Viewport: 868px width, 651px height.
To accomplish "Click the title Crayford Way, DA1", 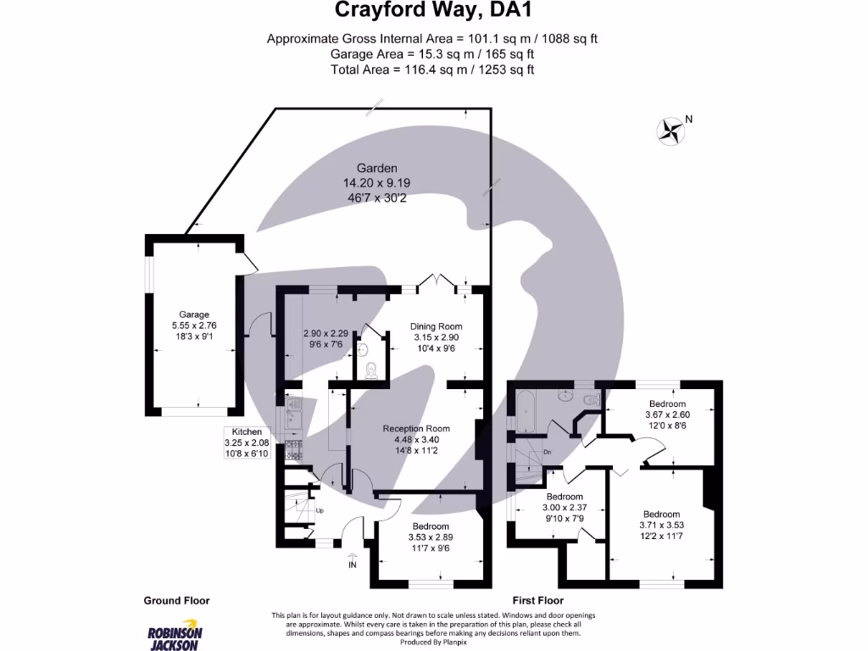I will [x=433, y=11].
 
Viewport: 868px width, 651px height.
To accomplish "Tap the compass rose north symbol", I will [x=671, y=130].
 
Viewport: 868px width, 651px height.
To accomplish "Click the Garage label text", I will [x=194, y=314].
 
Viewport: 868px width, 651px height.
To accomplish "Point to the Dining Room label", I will [x=436, y=326].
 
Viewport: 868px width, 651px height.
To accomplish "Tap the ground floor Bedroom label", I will [x=431, y=526].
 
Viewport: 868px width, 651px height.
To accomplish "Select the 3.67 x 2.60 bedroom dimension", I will [x=667, y=415].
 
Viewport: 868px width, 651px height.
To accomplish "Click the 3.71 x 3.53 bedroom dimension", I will [x=661, y=526].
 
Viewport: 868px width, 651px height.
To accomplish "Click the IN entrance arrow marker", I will [x=353, y=560].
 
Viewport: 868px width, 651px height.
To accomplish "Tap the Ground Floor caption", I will [x=176, y=600].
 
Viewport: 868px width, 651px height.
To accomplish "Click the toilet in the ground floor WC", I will [x=370, y=370].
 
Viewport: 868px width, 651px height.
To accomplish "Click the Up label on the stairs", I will [x=320, y=511].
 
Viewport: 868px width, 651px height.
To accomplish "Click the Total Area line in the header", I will [x=433, y=70].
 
